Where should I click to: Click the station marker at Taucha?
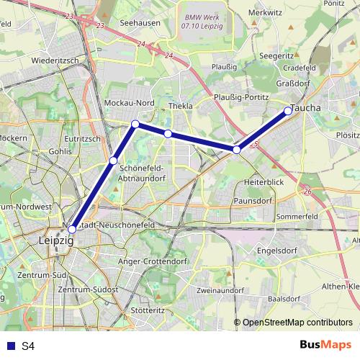[288, 110]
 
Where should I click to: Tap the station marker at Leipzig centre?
[71, 229]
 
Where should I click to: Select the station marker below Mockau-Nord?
[135, 124]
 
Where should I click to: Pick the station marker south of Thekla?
[168, 133]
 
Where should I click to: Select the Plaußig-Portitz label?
[241, 96]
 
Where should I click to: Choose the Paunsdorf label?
[255, 202]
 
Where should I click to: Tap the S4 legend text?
[28, 346]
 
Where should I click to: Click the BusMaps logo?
[325, 346]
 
